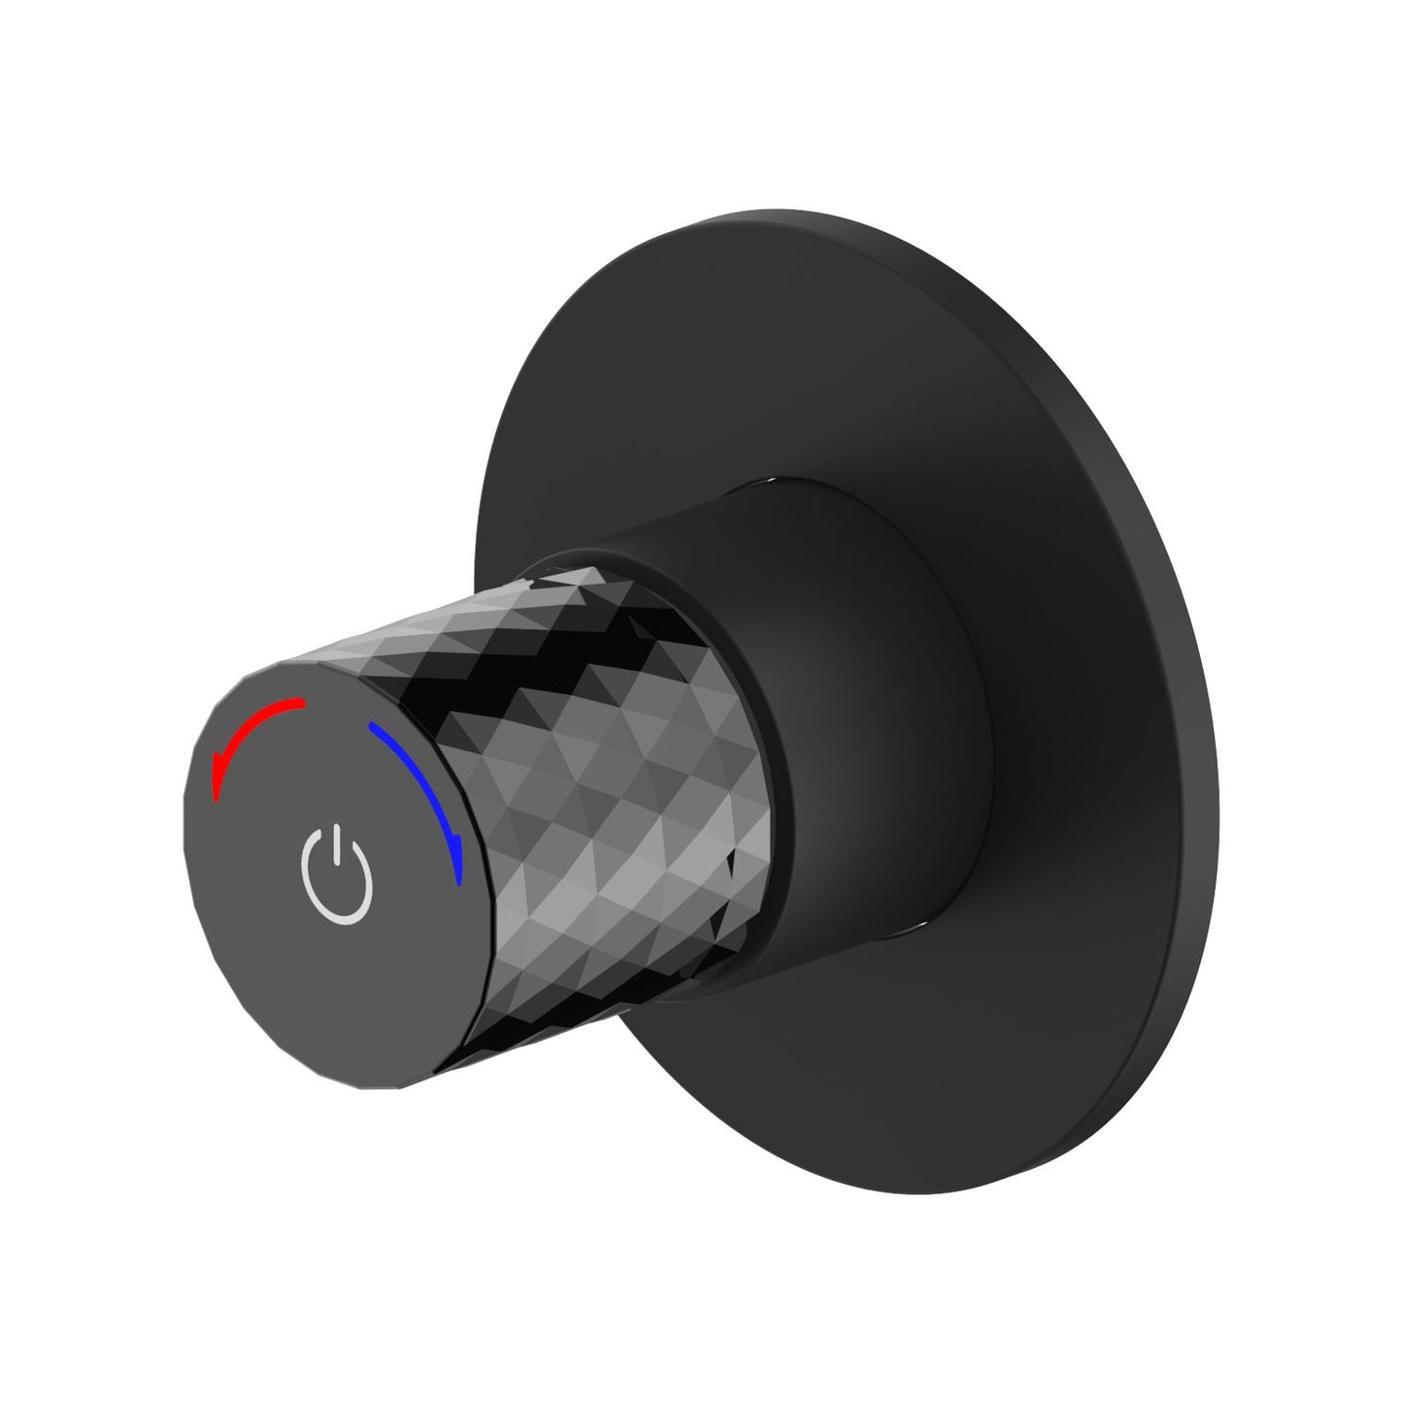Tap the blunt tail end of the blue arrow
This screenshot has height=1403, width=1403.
click(x=370, y=725)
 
